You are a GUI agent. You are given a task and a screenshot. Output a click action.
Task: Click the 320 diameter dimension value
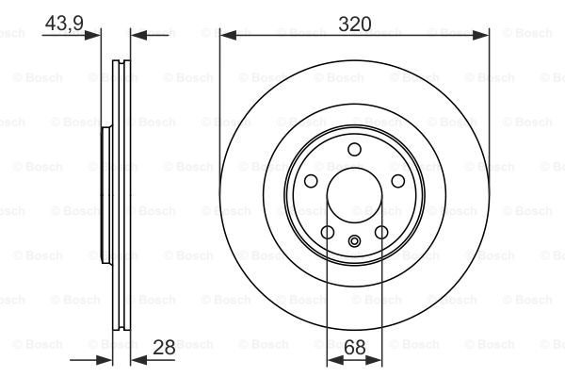pos(355,25)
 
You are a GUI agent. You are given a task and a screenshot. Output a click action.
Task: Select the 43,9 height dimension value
pos(64,24)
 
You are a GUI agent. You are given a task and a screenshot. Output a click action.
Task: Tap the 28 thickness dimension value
pos(164,347)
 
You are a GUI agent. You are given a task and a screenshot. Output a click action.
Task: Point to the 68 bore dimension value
pos(355,348)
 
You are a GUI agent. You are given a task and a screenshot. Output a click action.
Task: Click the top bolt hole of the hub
pos(355,149)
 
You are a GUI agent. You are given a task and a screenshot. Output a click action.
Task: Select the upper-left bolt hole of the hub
pos(311,181)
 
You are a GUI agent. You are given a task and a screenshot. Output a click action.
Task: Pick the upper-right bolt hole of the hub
pos(398,181)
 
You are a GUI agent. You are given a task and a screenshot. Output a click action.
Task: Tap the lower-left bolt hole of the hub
pos(328,233)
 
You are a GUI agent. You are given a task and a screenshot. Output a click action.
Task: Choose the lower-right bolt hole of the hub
pos(381,233)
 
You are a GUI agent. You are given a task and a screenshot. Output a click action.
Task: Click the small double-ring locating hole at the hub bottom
pos(355,241)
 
